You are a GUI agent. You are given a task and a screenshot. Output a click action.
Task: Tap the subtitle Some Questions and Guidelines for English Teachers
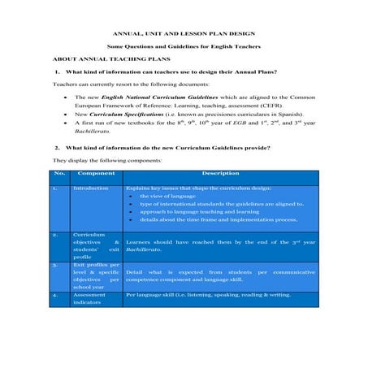(x=184, y=47)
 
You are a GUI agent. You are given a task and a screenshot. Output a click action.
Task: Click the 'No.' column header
(x=58, y=173)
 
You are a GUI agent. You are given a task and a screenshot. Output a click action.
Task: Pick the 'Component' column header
(x=97, y=173)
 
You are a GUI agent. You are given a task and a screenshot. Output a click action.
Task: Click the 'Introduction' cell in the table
(x=90, y=188)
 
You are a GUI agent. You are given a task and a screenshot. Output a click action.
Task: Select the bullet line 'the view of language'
(x=166, y=197)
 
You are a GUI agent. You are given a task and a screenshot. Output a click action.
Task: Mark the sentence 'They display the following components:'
(x=96, y=160)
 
